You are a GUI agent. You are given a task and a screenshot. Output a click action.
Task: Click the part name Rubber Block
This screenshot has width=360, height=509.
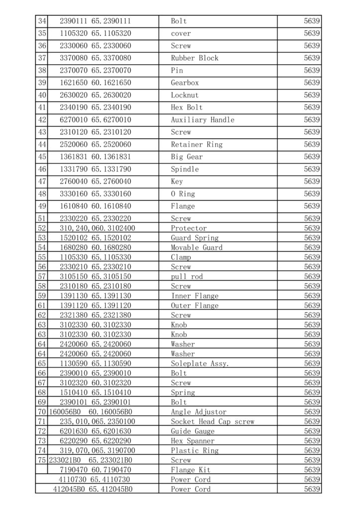(194, 58)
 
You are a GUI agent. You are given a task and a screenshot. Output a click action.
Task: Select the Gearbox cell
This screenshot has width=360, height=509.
(185, 83)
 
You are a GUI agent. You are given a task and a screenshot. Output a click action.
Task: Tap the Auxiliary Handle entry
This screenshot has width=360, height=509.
(202, 120)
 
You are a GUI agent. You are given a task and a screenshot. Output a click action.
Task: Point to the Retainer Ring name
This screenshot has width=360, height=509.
(196, 145)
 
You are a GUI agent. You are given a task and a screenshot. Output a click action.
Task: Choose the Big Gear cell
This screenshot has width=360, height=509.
(186, 157)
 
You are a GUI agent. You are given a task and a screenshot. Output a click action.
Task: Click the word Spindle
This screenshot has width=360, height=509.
(184, 170)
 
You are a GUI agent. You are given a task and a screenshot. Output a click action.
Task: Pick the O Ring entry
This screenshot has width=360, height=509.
(182, 194)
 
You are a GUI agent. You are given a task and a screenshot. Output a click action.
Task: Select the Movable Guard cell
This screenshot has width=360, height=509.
(196, 248)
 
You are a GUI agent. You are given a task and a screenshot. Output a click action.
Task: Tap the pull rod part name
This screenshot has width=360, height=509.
(186, 276)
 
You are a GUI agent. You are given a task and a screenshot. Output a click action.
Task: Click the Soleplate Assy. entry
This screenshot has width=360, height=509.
(200, 364)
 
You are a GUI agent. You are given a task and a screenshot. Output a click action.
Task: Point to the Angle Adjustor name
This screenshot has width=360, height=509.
(198, 412)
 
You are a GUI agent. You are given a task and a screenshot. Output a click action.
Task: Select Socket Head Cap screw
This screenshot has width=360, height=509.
(212, 422)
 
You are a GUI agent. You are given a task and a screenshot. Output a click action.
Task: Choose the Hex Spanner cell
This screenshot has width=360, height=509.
(192, 441)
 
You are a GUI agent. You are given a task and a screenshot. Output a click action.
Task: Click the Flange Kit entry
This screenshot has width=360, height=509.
(190, 470)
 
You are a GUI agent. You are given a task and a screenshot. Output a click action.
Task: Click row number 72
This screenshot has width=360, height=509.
(42, 431)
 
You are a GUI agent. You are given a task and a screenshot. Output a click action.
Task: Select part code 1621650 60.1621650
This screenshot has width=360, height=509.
(95, 83)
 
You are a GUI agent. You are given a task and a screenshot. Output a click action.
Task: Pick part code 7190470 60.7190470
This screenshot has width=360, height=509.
(95, 470)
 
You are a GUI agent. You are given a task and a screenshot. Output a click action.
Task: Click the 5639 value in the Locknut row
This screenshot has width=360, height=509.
(312, 95)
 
